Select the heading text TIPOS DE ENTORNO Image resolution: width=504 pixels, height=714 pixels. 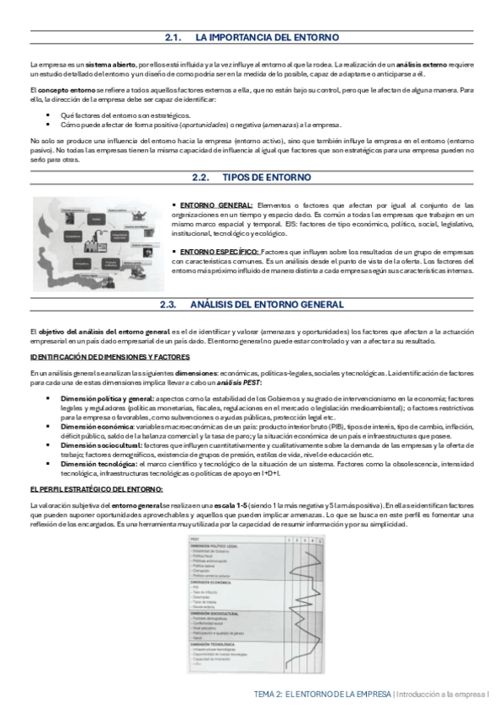267,178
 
